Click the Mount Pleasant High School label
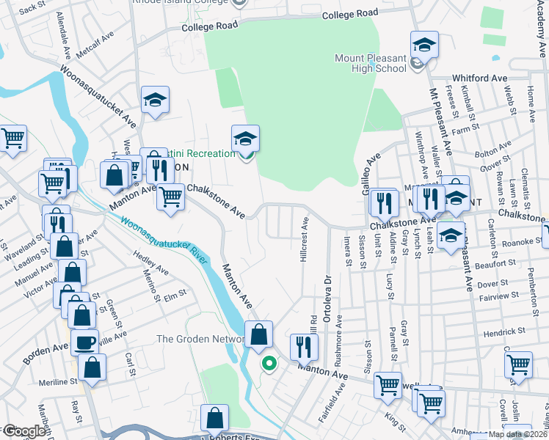coord(371,63)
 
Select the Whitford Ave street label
coord(480,78)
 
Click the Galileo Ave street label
coord(372,169)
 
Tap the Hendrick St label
coord(504,331)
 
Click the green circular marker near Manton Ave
coord(269,362)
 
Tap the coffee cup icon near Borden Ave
coord(84,341)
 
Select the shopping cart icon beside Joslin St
coord(518,364)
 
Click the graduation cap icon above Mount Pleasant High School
coord(424,45)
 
